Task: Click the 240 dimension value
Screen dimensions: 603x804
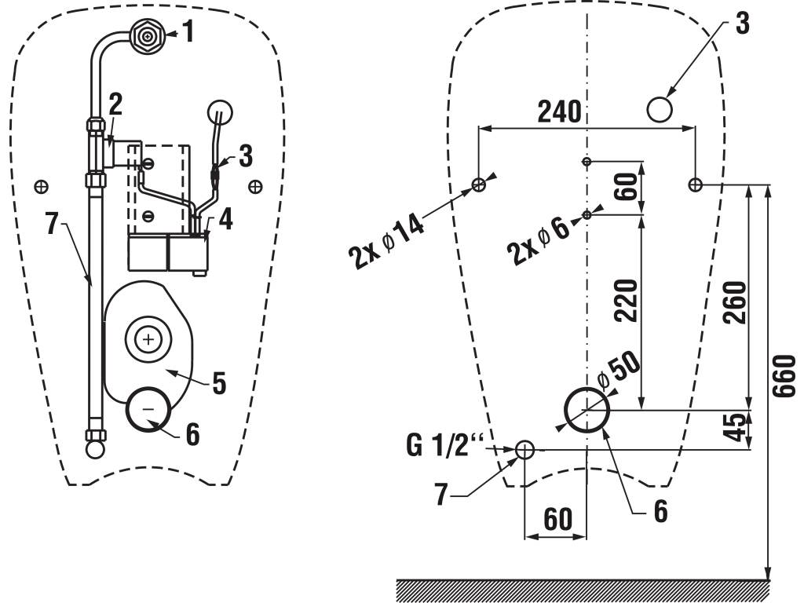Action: click(x=559, y=112)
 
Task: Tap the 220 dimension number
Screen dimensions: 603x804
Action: click(x=626, y=300)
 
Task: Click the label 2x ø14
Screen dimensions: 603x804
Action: click(x=387, y=241)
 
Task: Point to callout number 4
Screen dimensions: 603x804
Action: click(x=225, y=219)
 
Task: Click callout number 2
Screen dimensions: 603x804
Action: click(x=115, y=103)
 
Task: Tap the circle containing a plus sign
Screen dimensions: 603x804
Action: click(x=147, y=339)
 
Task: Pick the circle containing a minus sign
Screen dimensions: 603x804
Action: click(x=148, y=410)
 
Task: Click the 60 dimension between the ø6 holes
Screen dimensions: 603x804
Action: click(x=626, y=188)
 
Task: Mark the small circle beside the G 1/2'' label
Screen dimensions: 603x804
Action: click(x=524, y=449)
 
